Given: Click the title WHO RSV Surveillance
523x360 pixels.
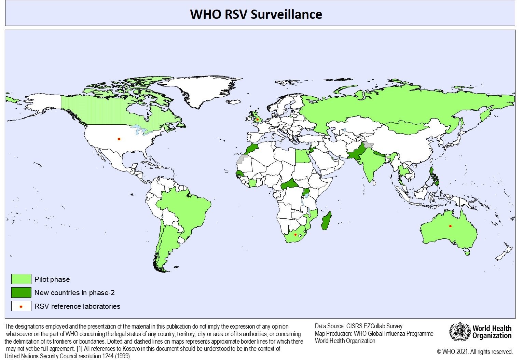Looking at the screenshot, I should (256, 14).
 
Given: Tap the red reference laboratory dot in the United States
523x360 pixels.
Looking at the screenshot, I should (119, 139).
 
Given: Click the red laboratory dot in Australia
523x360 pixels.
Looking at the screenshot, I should (450, 226).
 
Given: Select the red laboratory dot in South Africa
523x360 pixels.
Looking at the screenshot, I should (295, 234).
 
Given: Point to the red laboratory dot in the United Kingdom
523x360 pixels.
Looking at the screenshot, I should (257, 119).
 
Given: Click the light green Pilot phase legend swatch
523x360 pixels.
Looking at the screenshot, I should (21, 279).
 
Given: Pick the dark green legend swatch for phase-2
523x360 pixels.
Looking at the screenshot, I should (21, 292).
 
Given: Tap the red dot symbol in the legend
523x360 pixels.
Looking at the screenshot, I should (21, 306).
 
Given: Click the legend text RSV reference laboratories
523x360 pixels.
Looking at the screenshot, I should (77, 306).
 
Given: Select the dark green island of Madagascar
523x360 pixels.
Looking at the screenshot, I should (326, 221).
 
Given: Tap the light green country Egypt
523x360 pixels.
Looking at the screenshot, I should (301, 156).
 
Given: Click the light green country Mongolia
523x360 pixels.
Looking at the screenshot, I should (407, 127).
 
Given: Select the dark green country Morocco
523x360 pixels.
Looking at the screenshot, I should (252, 148).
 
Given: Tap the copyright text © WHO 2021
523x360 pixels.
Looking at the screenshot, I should (475, 351).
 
